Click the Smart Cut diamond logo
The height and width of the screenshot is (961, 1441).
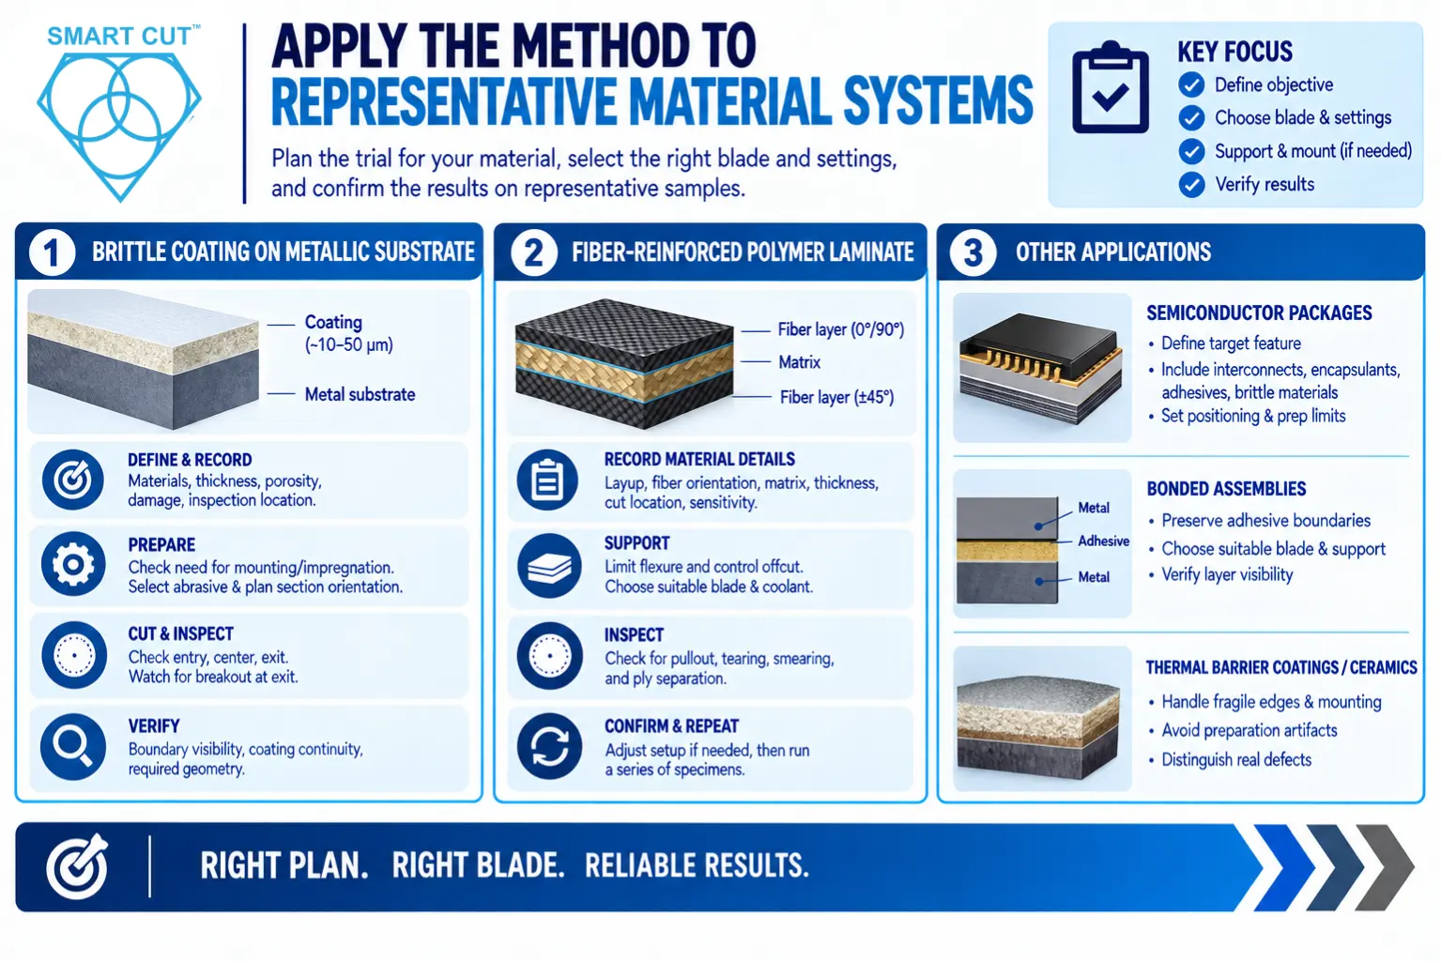click(x=119, y=126)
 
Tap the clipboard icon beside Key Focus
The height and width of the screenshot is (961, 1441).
click(x=1111, y=87)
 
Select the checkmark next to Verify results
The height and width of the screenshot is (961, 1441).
click(x=1191, y=185)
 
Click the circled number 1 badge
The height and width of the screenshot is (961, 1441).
click(x=53, y=252)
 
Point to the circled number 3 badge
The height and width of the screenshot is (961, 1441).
click(x=972, y=252)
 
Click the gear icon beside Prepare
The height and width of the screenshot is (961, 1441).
click(x=73, y=564)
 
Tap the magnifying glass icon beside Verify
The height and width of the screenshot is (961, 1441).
click(x=73, y=746)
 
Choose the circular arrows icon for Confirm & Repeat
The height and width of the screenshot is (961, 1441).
click(x=549, y=746)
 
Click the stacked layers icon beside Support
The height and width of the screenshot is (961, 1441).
click(x=549, y=565)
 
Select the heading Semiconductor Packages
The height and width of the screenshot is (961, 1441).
click(x=1259, y=313)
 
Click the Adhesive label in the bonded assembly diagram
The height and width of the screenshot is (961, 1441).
click(x=1103, y=541)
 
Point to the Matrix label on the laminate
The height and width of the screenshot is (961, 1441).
click(x=800, y=362)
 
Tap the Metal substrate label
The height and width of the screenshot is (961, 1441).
click(x=360, y=394)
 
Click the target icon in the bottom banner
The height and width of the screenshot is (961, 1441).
click(x=77, y=866)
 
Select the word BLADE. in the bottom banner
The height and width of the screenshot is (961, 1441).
click(x=478, y=866)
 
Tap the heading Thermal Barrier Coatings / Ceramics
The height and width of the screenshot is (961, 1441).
click(x=1281, y=667)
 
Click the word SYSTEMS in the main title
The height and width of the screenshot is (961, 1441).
click(x=938, y=101)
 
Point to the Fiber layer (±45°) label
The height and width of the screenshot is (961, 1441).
click(x=837, y=398)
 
